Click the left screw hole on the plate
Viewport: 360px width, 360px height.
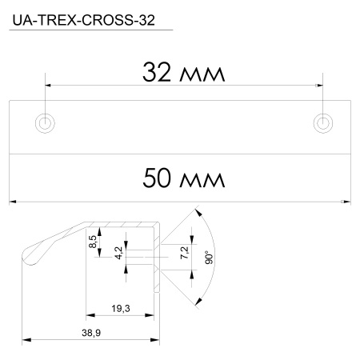[46, 122]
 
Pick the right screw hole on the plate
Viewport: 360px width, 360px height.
[322, 122]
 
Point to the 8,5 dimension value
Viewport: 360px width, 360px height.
[94, 241]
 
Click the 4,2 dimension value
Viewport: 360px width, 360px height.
[118, 255]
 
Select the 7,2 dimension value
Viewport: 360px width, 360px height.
[185, 254]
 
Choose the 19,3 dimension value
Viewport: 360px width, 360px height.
[122, 308]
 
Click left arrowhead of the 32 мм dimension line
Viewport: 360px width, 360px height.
[48, 84]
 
